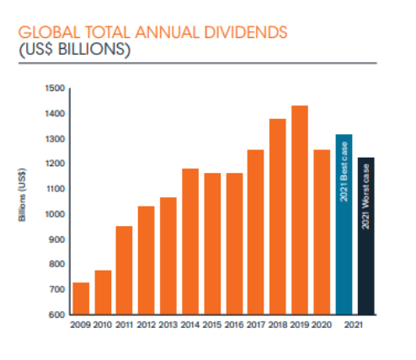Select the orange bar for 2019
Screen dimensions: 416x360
click(x=300, y=210)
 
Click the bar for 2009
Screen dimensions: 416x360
click(x=81, y=298)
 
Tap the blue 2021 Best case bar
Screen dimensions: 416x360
click(x=344, y=224)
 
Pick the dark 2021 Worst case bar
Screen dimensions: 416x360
click(x=366, y=236)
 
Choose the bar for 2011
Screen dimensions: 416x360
click(x=124, y=271)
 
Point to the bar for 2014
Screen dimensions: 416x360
click(x=190, y=241)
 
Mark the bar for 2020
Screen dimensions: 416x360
click(x=322, y=232)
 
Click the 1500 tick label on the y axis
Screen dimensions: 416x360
click(x=55, y=89)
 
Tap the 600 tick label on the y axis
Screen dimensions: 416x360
click(x=56, y=314)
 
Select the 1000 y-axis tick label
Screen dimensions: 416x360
click(x=55, y=214)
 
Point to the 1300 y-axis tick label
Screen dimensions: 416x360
click(x=55, y=139)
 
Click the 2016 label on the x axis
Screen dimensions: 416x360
click(x=234, y=325)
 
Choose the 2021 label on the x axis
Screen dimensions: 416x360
click(x=354, y=325)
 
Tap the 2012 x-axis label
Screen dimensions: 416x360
click(x=147, y=325)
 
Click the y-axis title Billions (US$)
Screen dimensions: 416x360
click(x=22, y=195)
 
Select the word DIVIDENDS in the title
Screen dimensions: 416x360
click(x=246, y=32)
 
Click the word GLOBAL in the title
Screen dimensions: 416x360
click(x=50, y=32)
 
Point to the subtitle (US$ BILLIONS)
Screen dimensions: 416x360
click(x=75, y=50)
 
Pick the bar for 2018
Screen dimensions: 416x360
click(x=278, y=217)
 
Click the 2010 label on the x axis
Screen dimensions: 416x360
click(x=103, y=325)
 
